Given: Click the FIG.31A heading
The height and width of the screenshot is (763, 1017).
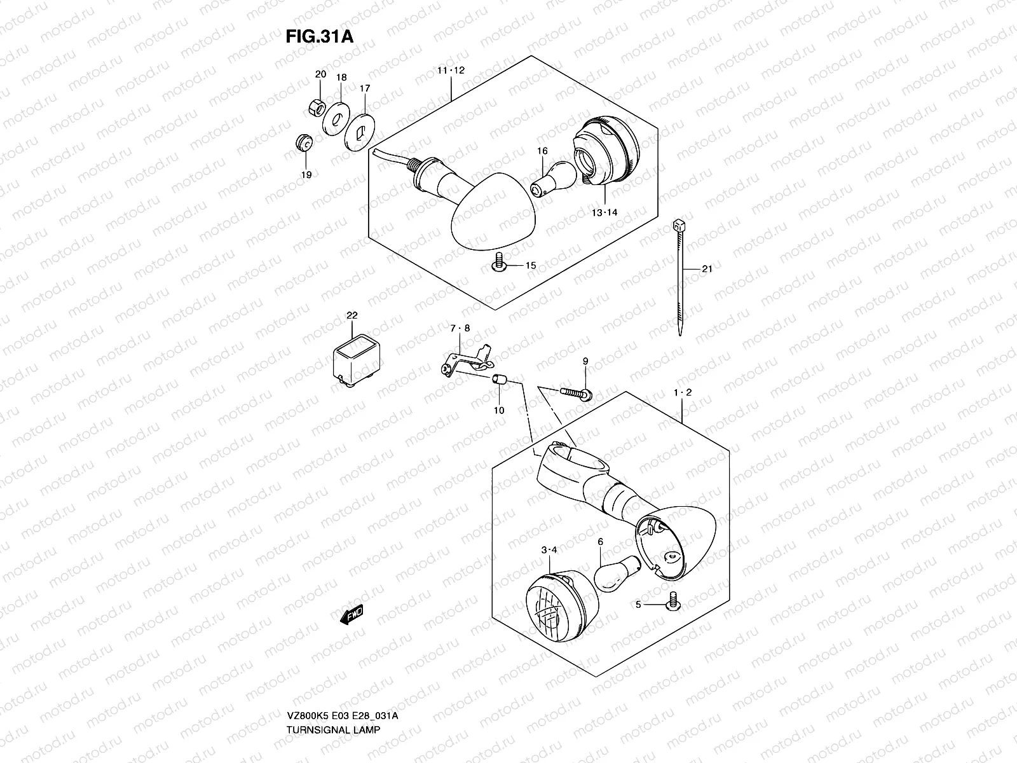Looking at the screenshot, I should tap(318, 36).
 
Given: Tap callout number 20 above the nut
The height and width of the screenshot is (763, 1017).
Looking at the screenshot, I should tap(320, 74).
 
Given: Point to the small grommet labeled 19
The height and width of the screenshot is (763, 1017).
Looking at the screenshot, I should tap(305, 142).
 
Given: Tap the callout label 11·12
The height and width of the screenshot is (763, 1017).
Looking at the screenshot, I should tap(451, 71).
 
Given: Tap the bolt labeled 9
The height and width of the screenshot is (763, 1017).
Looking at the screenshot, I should tap(575, 392).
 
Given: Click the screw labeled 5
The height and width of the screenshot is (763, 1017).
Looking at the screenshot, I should tap(673, 601).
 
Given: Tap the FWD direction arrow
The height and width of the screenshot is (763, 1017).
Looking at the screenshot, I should tap(350, 614).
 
